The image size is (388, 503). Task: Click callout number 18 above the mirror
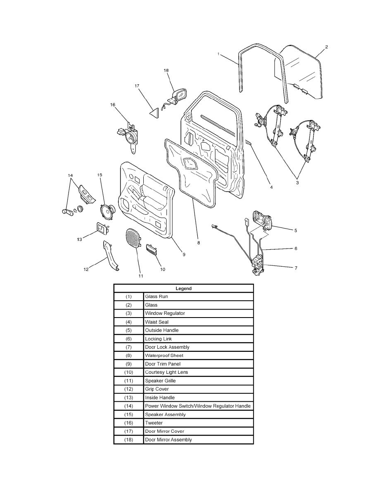[x=166, y=71]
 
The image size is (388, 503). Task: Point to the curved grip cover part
[x=111, y=255]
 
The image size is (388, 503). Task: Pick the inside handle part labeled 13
[x=102, y=229]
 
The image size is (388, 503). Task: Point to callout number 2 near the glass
[x=326, y=47]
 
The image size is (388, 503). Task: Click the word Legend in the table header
[x=183, y=288]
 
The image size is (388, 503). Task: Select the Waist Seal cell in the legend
[x=157, y=322]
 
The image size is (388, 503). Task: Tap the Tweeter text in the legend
[x=154, y=423]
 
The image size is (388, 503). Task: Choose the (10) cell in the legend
[x=129, y=372]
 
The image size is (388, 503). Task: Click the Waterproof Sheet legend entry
[x=164, y=355]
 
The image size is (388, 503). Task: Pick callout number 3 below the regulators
[x=297, y=183]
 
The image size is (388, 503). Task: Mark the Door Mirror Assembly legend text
[x=168, y=439]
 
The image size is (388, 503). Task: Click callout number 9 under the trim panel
[x=184, y=254]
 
